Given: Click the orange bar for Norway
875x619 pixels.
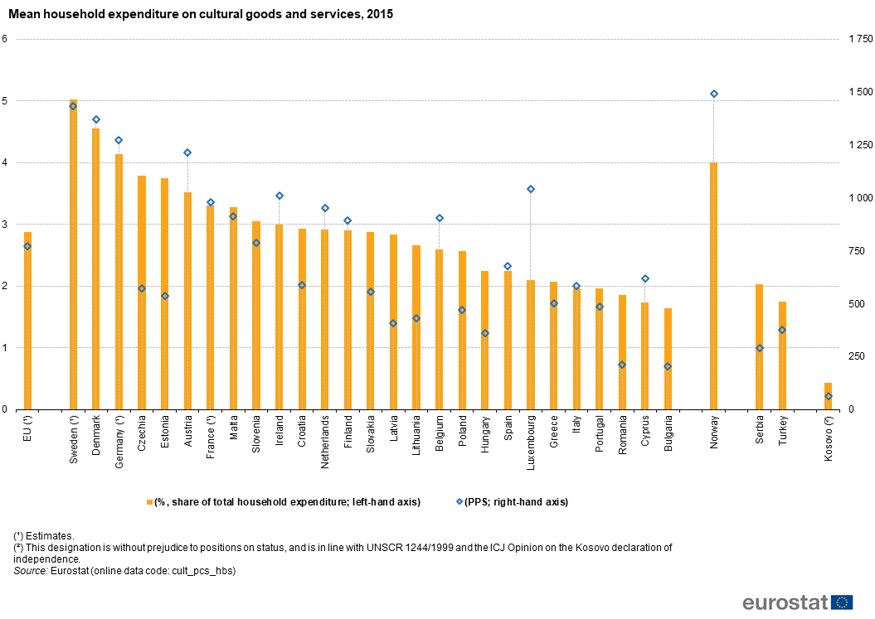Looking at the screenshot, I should [713, 286].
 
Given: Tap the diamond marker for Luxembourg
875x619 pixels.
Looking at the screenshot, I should [531, 189].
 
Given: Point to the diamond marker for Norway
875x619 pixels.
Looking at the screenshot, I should [713, 94].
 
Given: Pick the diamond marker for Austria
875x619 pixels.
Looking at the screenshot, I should [187, 152].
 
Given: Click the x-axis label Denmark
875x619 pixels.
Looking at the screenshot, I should [96, 432].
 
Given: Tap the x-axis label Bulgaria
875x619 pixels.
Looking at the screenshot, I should [668, 433].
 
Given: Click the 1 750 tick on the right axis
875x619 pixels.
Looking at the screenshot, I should [859, 39].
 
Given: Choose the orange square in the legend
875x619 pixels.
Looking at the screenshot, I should [149, 502].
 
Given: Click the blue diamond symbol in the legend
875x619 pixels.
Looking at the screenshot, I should [459, 501].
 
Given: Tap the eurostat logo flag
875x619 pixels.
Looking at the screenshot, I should [842, 602].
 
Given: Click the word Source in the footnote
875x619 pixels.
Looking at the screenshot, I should [30, 571].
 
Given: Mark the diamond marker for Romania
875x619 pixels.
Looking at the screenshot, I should [622, 365].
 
